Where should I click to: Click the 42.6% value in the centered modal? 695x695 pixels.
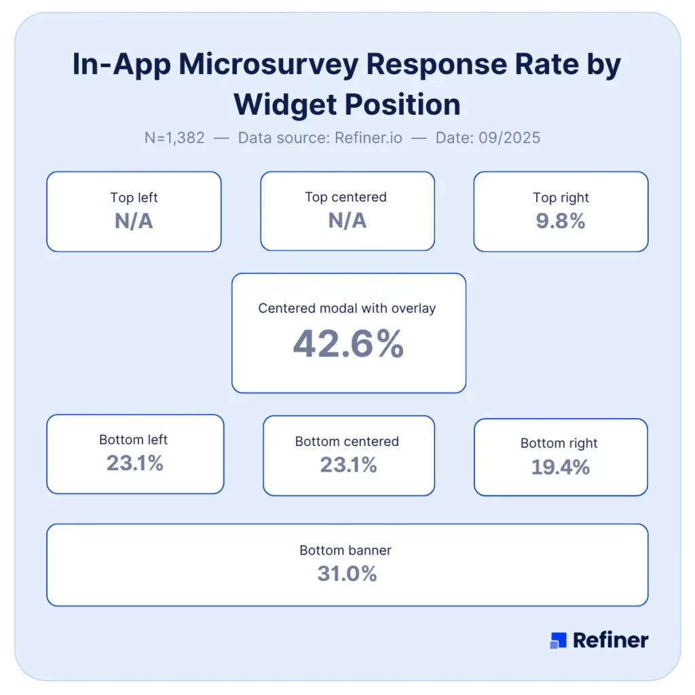point(348,345)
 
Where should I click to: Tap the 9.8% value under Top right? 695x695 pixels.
point(561,221)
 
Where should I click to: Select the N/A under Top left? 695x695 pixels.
point(134,221)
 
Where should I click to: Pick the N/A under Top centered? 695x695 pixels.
point(347,221)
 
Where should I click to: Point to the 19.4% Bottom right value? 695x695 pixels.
point(560,467)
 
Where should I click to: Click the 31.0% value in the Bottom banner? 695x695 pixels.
point(347,574)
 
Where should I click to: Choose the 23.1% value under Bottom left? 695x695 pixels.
point(134,464)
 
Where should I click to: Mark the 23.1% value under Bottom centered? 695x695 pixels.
point(348,465)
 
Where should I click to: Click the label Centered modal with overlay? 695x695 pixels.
point(347,308)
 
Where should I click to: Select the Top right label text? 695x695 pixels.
point(561,198)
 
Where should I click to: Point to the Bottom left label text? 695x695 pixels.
point(134,440)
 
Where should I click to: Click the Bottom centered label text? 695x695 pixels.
point(347,441)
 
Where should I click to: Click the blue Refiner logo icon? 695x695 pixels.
point(558,640)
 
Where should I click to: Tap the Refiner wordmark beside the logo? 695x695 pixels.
point(610,640)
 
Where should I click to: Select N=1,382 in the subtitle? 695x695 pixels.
point(174,138)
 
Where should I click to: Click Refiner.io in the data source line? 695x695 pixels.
point(368,138)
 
